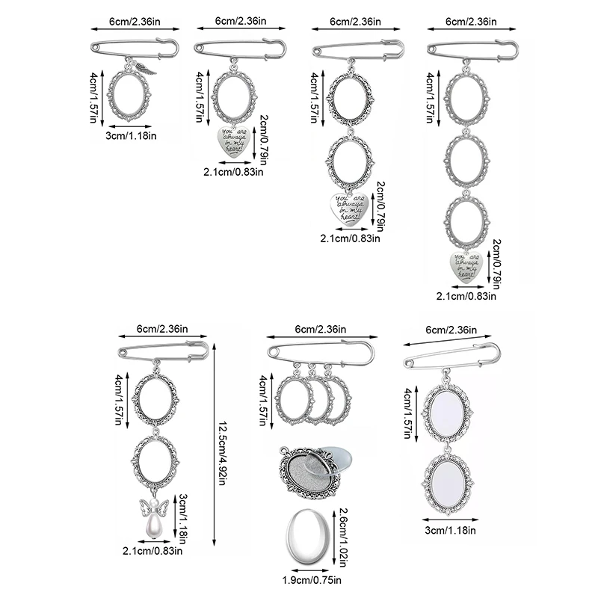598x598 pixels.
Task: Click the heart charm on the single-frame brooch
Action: pyautogui.click(x=234, y=141)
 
